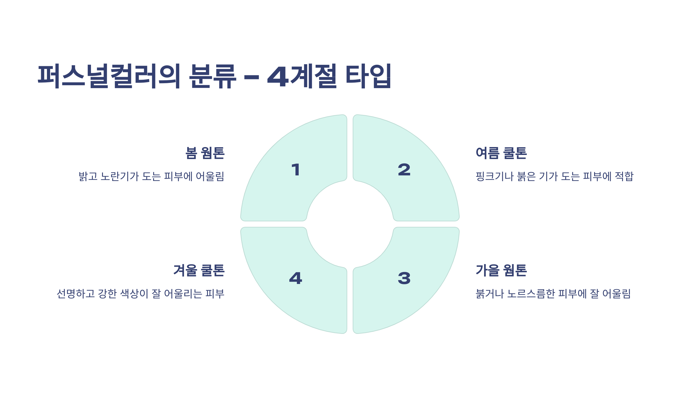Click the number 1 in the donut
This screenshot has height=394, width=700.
point(296,170)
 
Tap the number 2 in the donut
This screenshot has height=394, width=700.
point(404,170)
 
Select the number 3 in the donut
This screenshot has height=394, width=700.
point(404,278)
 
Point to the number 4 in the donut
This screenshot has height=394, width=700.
point(295,278)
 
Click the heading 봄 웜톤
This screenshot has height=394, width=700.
point(205,153)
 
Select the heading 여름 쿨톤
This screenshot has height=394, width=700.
point(501,153)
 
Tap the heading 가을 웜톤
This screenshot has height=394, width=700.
point(501,270)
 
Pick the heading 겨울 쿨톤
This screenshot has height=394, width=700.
point(199,270)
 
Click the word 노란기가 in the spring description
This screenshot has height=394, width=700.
point(120,177)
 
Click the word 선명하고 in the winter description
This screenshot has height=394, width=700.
point(76,294)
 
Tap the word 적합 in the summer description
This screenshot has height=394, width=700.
point(624,177)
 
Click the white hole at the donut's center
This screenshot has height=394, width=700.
point(350,224)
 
